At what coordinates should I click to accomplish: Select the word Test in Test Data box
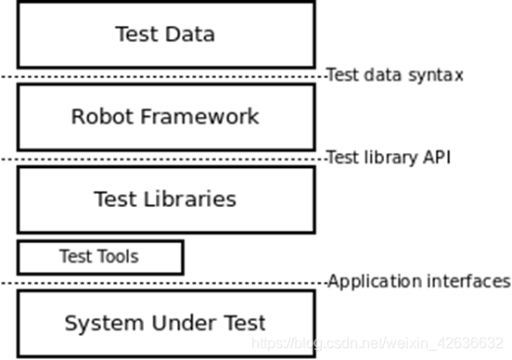pos(135,34)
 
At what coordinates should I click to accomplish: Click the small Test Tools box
pos(100,256)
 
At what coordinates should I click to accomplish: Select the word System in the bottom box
pos(97,323)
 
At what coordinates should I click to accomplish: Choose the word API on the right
pos(435,158)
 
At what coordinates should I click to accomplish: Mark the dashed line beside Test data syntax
pos(162,76)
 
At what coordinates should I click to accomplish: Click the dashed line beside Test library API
pos(162,159)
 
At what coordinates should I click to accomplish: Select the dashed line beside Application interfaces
pos(162,282)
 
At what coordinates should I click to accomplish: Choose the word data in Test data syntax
pos(385,75)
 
